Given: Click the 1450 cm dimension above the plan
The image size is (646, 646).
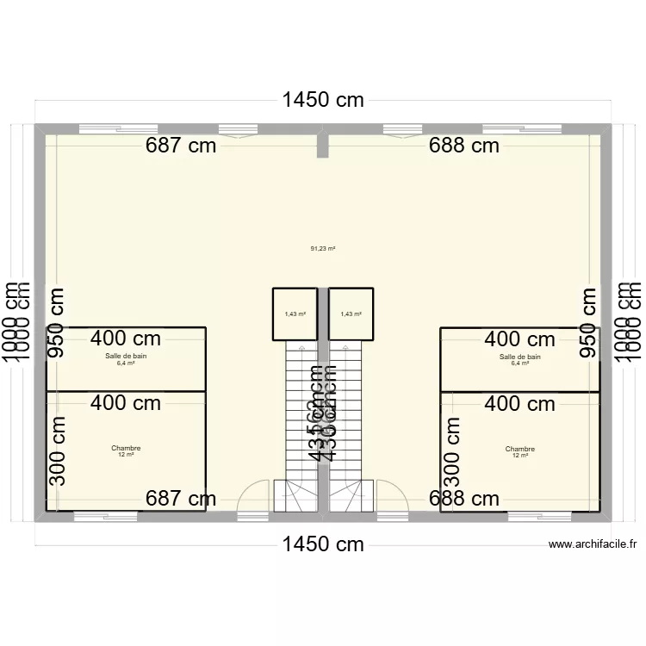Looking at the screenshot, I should click(323, 100).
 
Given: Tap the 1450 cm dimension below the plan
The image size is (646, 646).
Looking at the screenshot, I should click(323, 544).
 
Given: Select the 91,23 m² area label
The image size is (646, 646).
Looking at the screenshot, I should click(323, 248).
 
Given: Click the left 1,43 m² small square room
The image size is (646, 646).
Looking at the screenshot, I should click(295, 314).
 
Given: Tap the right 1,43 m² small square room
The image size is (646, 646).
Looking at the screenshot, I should click(351, 314).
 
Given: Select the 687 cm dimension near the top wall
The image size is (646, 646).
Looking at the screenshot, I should click(181, 145).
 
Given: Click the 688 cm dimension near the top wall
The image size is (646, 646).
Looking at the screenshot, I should click(464, 145).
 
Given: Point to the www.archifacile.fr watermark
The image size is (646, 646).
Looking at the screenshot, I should click(593, 544).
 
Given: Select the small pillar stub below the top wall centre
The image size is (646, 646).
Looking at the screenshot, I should click(323, 146).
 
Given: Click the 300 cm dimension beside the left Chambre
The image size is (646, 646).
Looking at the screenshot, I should click(57, 450).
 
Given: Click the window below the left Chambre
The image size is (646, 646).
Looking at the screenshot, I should click(105, 517).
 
